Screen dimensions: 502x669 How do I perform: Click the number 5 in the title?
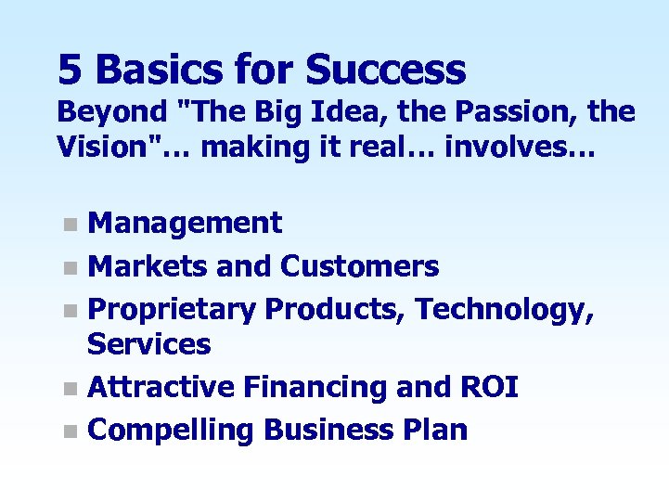tap(71, 70)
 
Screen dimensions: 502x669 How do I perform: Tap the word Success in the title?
tap(385, 70)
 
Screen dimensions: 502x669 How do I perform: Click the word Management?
tap(185, 223)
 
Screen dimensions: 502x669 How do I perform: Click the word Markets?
tap(148, 267)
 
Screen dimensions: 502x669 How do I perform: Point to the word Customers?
tap(359, 267)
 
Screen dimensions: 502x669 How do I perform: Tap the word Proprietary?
tap(172, 309)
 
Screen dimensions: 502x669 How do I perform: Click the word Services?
tap(148, 345)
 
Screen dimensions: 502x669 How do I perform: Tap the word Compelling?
tap(171, 430)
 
